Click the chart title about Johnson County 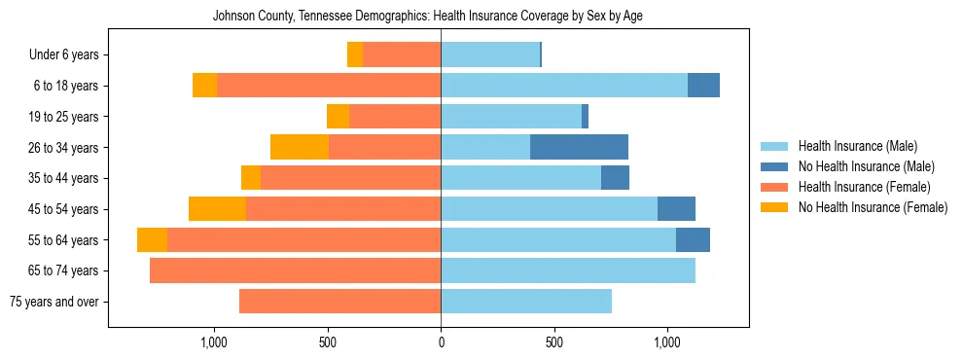(428, 16)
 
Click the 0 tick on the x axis (441, 342)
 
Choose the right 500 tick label (553, 342)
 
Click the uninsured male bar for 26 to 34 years (579, 148)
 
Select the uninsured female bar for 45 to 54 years (217, 209)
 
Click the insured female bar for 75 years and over (339, 302)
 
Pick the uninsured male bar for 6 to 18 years (703, 86)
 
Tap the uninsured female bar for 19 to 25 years (338, 117)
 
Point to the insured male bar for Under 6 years (490, 55)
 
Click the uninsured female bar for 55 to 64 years (152, 240)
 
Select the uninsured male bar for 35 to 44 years (615, 178)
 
